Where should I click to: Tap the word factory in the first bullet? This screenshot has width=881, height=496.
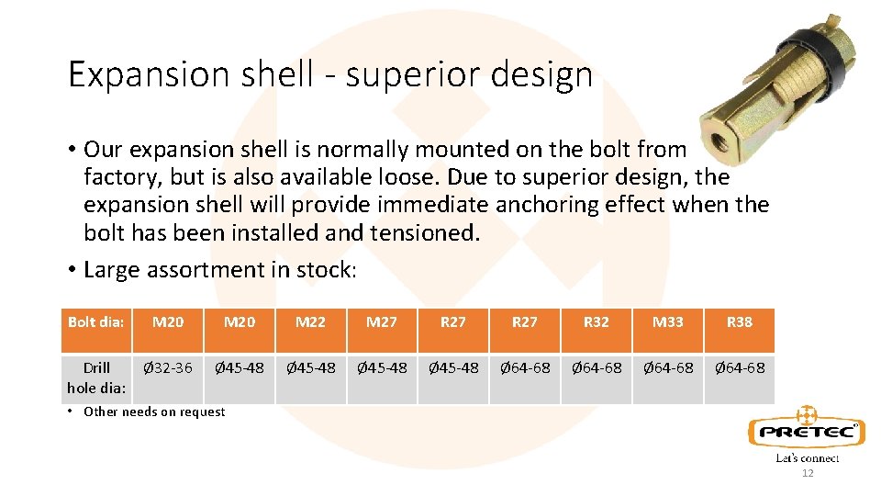coord(120,176)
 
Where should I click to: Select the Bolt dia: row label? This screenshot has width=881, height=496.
coord(95,322)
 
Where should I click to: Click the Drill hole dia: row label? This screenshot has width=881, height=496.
coord(95,378)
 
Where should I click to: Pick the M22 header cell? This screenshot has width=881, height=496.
coord(310,322)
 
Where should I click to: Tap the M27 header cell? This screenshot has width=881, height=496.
coord(382,322)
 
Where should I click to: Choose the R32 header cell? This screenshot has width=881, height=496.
coord(597,322)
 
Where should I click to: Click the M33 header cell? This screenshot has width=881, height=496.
coord(667,322)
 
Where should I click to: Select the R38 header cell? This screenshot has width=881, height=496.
coord(739,322)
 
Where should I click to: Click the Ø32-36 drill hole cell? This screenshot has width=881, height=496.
coord(168,368)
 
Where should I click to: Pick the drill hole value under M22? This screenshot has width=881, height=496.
coord(310,368)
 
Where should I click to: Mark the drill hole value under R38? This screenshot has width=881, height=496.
coord(739,368)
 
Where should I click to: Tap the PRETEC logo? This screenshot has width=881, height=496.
coord(806,431)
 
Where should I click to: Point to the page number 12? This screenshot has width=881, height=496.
coord(808,474)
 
